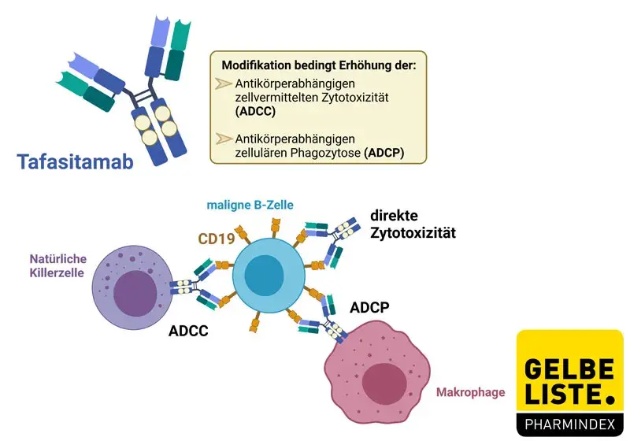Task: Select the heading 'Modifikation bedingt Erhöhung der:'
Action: pos(318,65)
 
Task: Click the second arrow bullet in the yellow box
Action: pos(223,139)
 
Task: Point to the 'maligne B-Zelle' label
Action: pos(250,205)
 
